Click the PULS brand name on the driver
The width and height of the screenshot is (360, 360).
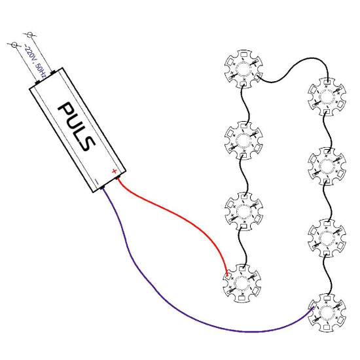77,126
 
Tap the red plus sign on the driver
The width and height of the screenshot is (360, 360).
114,171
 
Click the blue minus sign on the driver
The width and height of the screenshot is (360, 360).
97,182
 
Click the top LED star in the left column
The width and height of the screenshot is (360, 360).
243,69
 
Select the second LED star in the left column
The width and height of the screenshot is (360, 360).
243,140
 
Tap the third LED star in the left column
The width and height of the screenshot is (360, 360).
243,211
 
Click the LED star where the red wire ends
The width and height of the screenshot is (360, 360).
242,283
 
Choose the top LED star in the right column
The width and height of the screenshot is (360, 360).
327,97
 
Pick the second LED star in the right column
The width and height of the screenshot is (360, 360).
327,166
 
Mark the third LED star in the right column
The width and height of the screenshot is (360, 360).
327,238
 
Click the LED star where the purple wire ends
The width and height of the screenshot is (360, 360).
327,313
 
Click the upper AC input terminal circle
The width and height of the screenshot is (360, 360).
29,35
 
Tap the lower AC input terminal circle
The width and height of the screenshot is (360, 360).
14,45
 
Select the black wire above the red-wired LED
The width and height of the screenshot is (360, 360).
244,247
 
